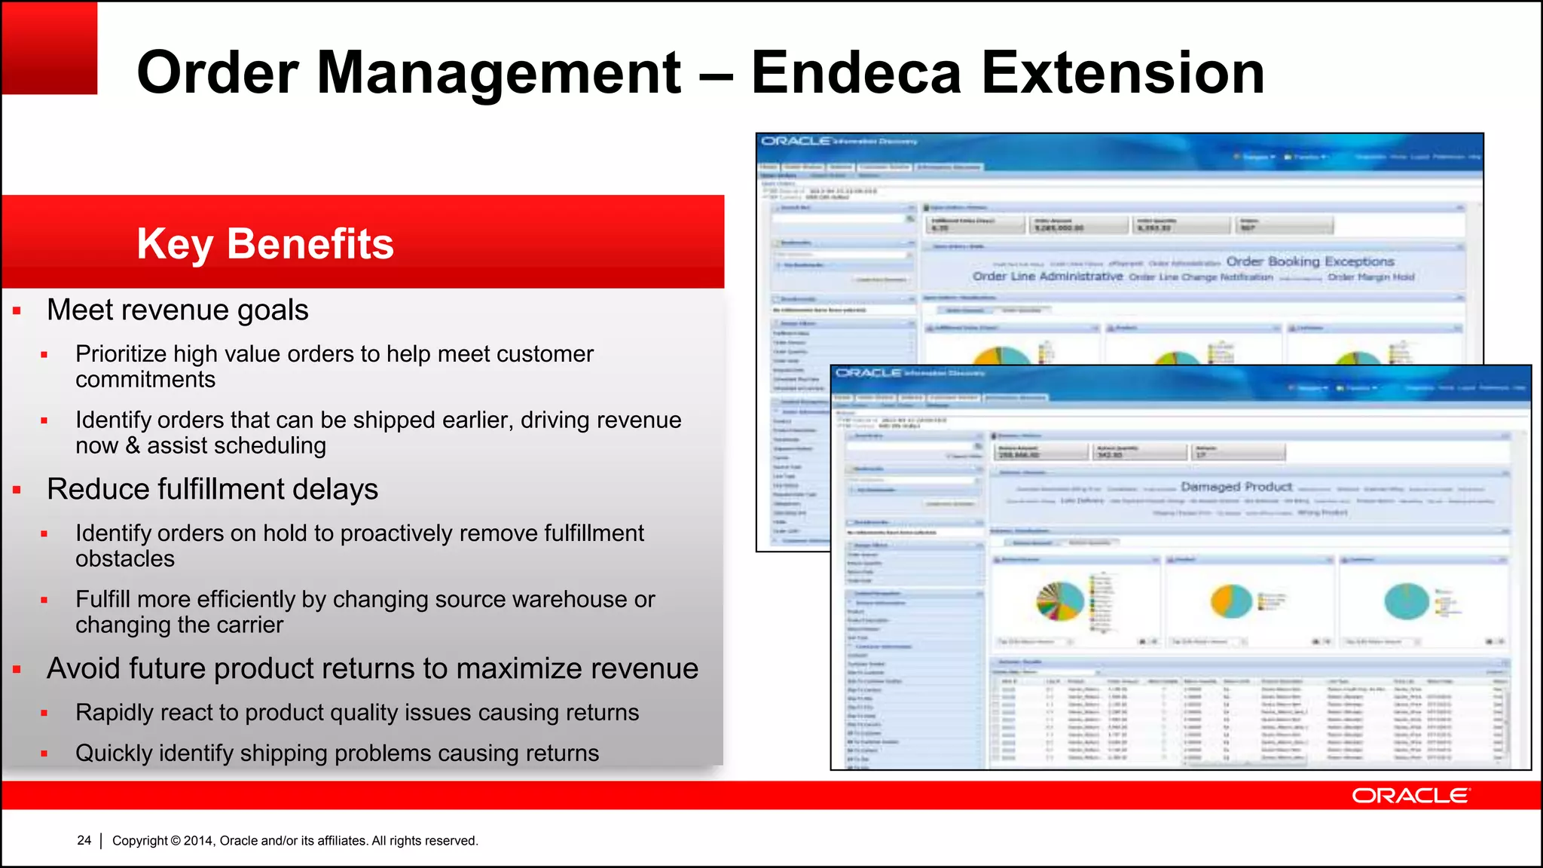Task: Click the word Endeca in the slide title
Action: (x=857, y=73)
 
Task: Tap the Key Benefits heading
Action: (x=265, y=243)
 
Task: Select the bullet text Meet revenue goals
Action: (x=178, y=310)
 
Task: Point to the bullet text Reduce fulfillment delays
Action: (x=212, y=489)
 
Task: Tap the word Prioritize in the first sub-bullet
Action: (x=121, y=353)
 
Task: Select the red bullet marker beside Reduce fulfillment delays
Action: (x=17, y=491)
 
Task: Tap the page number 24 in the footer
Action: (x=84, y=840)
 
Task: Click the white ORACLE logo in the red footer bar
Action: (x=1410, y=796)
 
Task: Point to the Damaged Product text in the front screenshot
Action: (x=1236, y=487)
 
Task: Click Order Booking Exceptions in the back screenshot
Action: (x=1310, y=261)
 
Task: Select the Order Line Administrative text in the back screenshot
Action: (x=1047, y=277)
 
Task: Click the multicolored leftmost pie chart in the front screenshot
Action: (x=1059, y=601)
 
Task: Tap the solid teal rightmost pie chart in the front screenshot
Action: (x=1406, y=601)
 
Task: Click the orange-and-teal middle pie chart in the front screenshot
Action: (x=1231, y=601)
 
